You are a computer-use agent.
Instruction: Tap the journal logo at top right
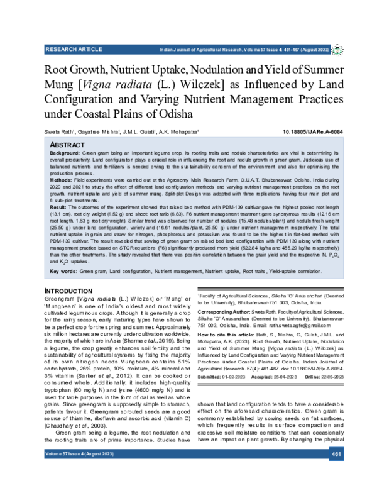[337, 48]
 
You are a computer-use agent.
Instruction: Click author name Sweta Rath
[58, 132]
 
